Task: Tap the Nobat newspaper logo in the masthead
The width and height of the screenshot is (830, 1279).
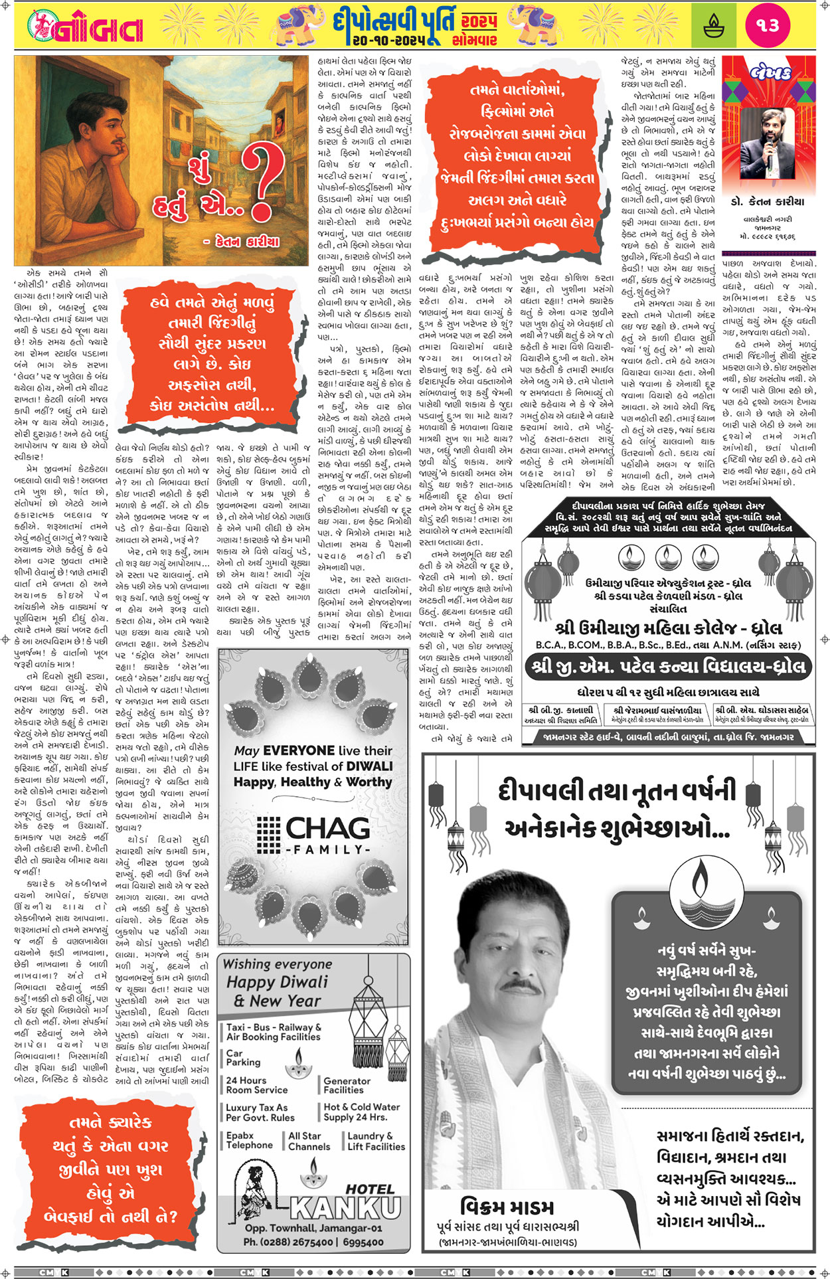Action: [86, 28]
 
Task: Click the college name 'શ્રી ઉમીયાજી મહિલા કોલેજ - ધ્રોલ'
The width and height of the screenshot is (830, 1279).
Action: [668, 628]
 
